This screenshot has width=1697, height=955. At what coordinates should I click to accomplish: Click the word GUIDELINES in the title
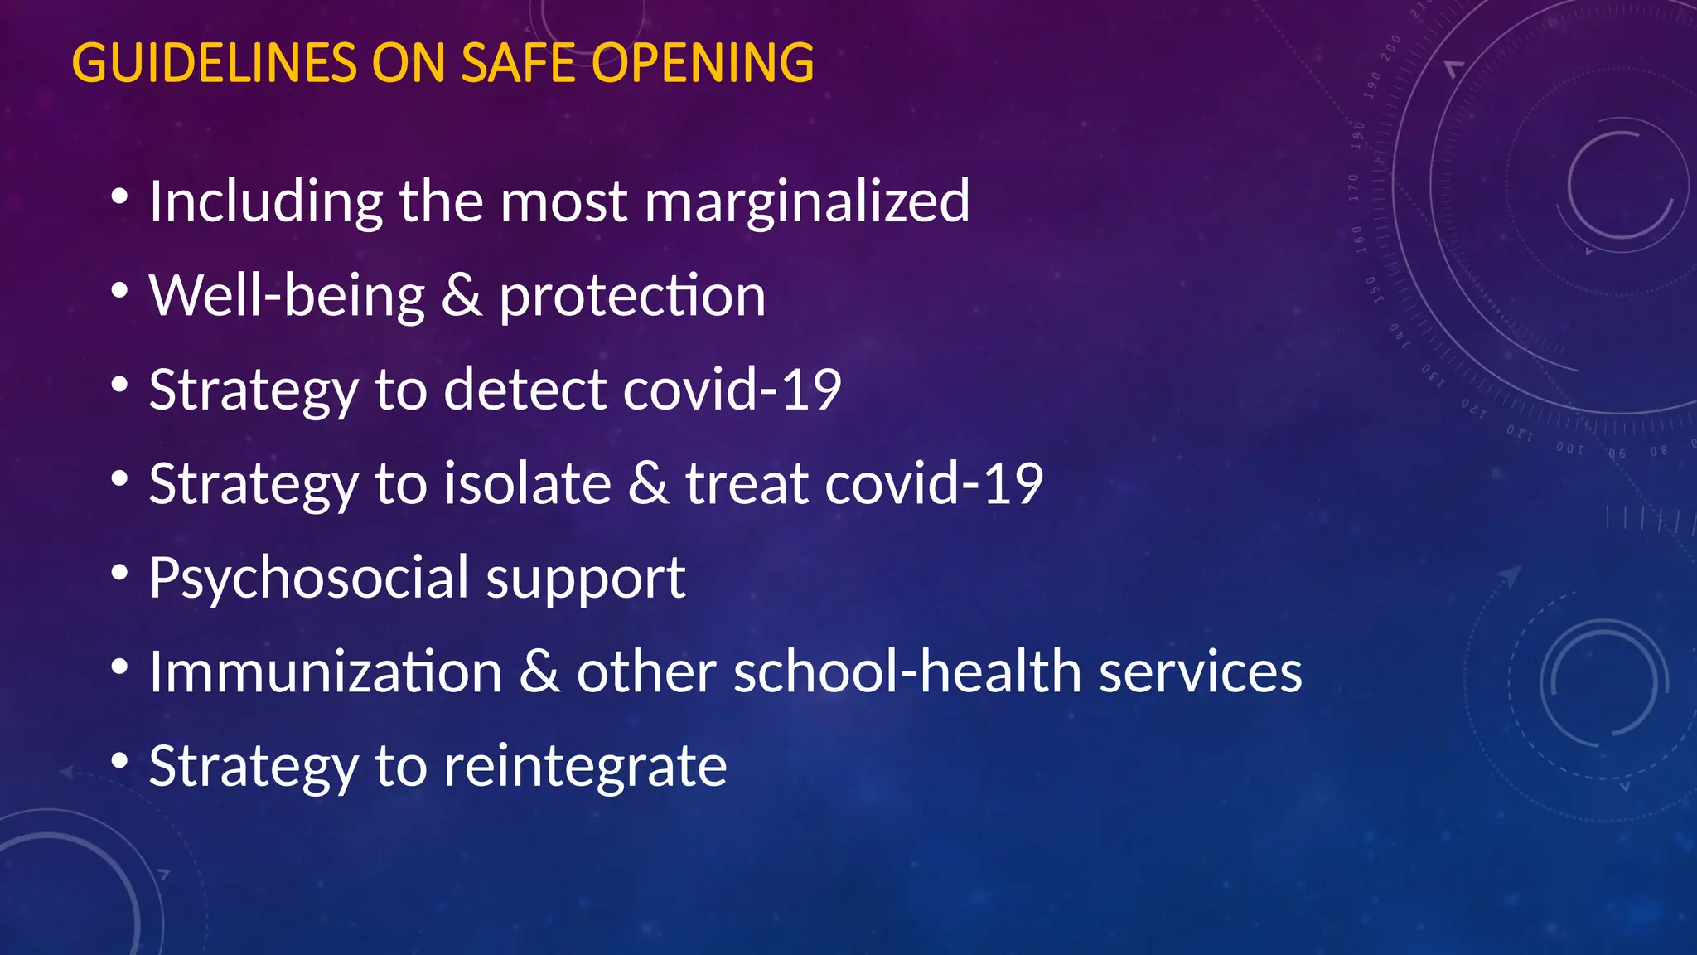tap(215, 63)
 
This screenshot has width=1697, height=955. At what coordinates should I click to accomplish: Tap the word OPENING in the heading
tap(703, 63)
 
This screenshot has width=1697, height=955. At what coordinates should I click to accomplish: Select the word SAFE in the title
tap(518, 63)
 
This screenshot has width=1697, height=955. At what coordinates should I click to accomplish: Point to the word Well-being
tap(287, 296)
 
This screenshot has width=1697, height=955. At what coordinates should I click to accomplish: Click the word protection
tap(632, 296)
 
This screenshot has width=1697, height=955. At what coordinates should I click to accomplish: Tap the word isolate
tap(527, 483)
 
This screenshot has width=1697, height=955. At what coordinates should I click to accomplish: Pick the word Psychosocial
tap(310, 579)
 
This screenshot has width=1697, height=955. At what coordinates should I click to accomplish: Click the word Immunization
tap(326, 671)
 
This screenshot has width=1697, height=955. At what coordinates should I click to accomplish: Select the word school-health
tap(907, 671)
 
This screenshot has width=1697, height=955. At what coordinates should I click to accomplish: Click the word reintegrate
tap(585, 767)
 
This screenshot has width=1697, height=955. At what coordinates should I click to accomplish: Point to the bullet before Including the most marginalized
tap(120, 196)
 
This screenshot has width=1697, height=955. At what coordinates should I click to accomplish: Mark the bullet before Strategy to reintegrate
tap(120, 760)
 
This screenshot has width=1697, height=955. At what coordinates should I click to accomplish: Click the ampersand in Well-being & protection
tap(462, 296)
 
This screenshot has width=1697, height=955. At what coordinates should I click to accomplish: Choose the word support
tap(585, 579)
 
